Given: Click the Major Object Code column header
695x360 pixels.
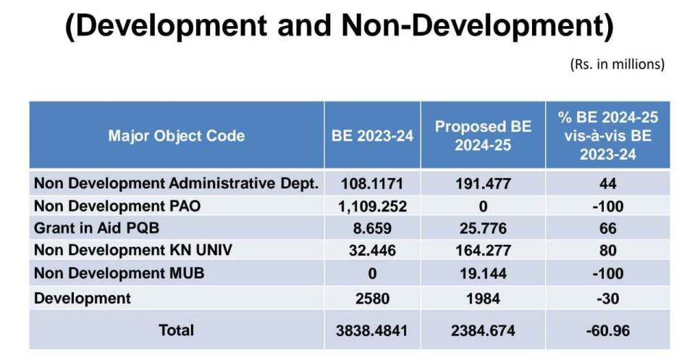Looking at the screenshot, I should (176, 135).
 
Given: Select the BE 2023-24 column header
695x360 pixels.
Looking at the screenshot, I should (372, 135).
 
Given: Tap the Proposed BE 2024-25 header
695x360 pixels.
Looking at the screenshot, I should (483, 135).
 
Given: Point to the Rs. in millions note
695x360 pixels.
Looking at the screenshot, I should (617, 64).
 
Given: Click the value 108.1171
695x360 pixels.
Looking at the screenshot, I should (372, 184).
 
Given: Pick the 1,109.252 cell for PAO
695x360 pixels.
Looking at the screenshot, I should (372, 206).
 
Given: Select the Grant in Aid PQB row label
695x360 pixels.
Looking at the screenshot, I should (96, 229).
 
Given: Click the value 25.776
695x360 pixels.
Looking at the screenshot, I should (483, 229).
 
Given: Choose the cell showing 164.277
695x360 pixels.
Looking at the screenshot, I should (483, 251).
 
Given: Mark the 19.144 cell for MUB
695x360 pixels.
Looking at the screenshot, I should (483, 275).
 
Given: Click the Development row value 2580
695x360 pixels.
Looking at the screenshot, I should (372, 298).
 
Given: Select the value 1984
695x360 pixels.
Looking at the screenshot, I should (483, 298).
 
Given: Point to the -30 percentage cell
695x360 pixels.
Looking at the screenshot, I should (608, 298).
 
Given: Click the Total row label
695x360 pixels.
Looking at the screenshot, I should (176, 330).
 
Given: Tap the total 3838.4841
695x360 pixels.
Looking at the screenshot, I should (372, 330).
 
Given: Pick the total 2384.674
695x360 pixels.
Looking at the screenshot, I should (483, 330).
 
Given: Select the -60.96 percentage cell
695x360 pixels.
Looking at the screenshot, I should (608, 330).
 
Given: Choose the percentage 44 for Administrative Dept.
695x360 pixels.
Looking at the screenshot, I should (608, 184).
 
